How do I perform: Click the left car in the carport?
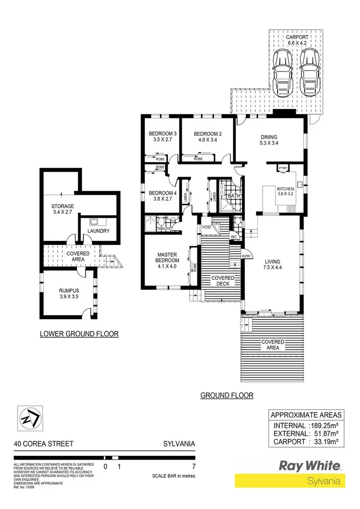click(x=282, y=73)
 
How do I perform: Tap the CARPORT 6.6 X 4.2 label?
click(x=297, y=40)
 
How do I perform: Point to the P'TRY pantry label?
click(x=282, y=168)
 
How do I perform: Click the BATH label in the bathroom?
click(x=234, y=196)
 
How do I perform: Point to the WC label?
click(x=235, y=237)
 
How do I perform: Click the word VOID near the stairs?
click(x=207, y=227)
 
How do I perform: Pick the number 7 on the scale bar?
click(x=194, y=466)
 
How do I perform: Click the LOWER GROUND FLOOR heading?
click(x=79, y=333)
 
